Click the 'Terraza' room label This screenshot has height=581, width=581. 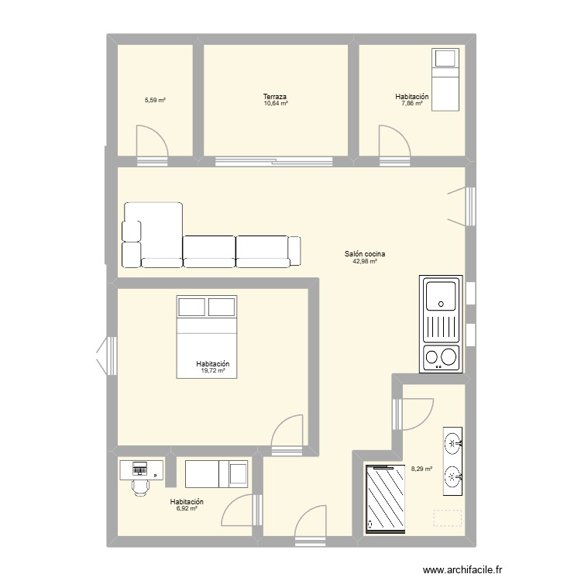pos(275,97)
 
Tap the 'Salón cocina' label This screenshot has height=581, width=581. pos(366,254)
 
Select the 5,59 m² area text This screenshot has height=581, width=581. pos(155,101)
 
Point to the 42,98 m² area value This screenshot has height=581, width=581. pos(366,262)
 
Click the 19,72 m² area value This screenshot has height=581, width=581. pos(212,371)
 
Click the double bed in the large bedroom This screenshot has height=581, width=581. pos(207,335)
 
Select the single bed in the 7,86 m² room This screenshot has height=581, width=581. pos(445,80)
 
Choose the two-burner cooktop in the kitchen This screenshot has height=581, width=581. pos(440,357)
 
